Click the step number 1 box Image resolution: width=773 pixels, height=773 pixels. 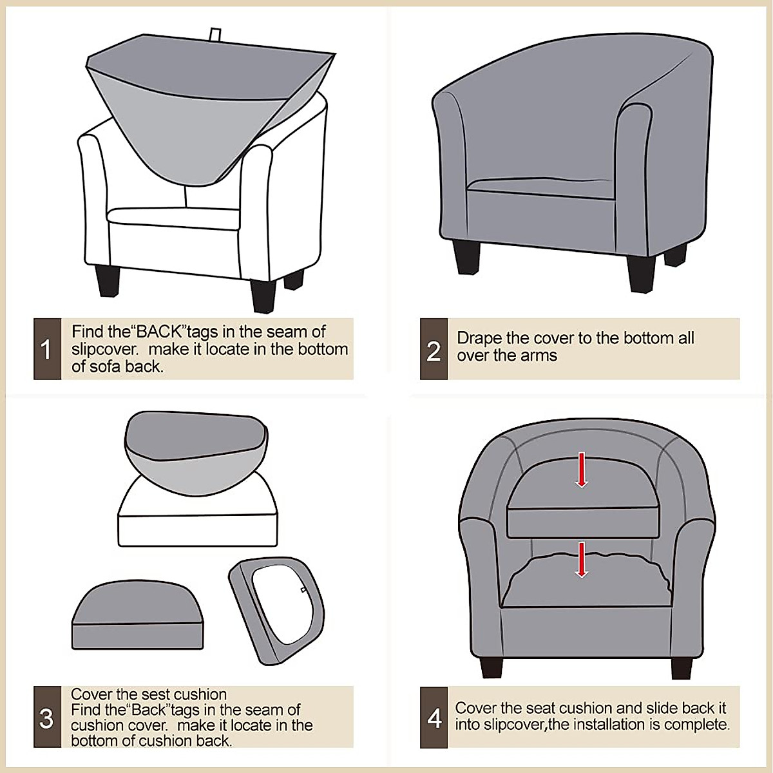point(47,349)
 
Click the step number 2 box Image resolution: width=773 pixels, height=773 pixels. point(434,349)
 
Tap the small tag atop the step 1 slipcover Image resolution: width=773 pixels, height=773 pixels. point(215,34)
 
